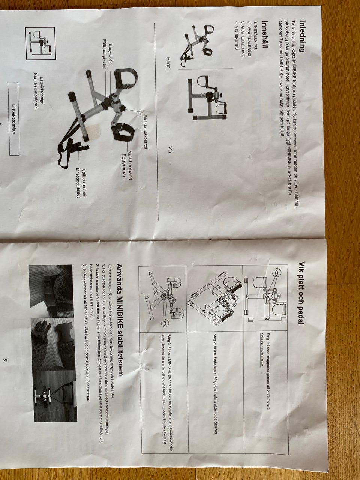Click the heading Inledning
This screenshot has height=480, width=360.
pyautogui.click(x=302, y=36)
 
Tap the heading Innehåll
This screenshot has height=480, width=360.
pyautogui.click(x=265, y=34)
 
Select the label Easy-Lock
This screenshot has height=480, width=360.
pyautogui.click(x=110, y=54)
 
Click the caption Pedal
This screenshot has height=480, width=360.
pyautogui.click(x=168, y=63)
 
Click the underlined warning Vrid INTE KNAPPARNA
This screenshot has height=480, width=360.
pyautogui.click(x=261, y=350)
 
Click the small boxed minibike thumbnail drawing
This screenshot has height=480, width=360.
pyautogui.click(x=40, y=43)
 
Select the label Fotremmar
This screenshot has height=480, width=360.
pyautogui.click(x=124, y=167)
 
